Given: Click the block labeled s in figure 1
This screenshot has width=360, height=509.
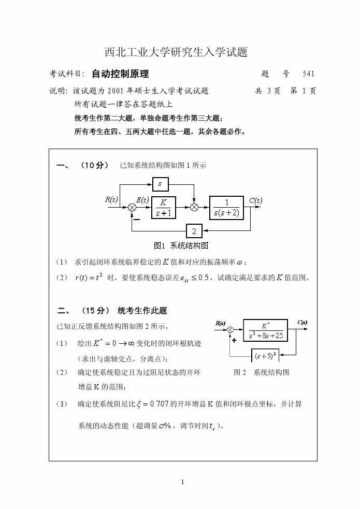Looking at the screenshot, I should coord(160,183).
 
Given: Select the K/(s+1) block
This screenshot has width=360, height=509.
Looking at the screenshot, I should coord(163,208).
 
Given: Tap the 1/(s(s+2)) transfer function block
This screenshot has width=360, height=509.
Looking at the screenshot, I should coord(226,208).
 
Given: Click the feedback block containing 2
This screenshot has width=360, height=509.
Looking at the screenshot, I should coord(194,231).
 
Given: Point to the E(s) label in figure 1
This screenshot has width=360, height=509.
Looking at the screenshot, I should coord(142,199).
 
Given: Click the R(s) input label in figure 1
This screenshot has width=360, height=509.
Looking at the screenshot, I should coord(111,199).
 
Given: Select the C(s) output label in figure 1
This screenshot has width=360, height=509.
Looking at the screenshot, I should coord(255,200).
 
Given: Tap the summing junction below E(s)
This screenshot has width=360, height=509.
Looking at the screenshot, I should coord(132,208).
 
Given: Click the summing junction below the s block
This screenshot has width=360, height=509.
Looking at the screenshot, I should coord(194,208).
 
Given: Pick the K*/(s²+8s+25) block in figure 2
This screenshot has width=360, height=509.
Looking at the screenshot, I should coord(265,330).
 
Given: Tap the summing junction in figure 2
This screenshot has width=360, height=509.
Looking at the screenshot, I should coord(231,330).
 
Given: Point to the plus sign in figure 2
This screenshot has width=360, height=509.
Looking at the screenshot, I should coord(235,340).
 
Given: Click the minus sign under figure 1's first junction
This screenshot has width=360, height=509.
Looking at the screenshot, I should coord(136,218).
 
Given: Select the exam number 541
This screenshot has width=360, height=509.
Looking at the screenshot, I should coord(308,74).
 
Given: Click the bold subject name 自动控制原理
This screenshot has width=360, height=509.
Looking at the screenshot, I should coord(120,74).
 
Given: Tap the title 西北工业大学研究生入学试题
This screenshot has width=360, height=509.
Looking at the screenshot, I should coord(176,52).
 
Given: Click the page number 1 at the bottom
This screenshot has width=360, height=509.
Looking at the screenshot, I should coord(183,482).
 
